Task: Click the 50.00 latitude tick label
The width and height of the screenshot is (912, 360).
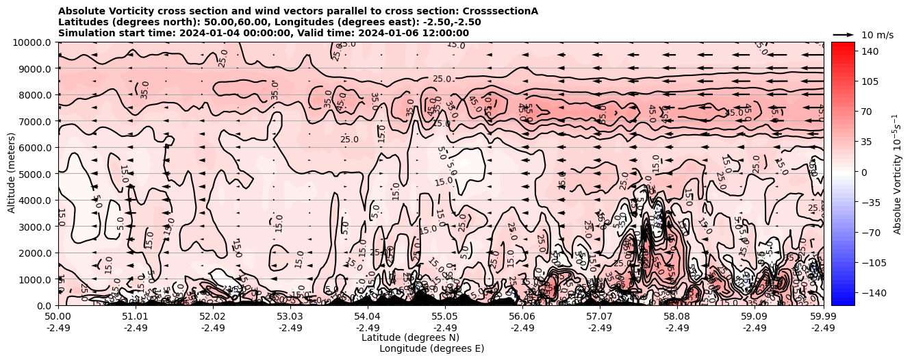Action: tap(58, 317)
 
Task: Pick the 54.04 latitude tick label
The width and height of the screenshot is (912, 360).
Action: tap(368, 317)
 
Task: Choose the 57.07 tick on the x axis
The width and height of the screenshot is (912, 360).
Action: tap(600, 317)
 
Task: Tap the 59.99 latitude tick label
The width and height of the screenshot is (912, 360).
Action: tap(823, 317)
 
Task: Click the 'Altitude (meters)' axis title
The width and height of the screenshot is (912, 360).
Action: tap(12, 174)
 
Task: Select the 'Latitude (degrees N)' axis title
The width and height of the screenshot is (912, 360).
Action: tap(410, 337)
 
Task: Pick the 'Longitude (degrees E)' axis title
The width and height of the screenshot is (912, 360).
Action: tap(431, 348)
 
